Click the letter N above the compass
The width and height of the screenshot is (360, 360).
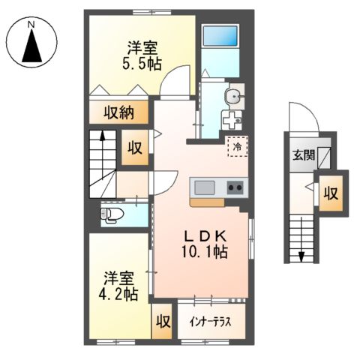31,23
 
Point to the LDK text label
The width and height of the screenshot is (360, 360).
201,235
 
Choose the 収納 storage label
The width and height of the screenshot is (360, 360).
118,112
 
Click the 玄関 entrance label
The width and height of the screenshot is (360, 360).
303,157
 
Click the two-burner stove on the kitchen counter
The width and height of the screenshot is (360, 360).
235,187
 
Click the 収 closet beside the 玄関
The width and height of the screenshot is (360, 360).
330,193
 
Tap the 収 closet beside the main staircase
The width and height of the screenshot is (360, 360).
135,148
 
